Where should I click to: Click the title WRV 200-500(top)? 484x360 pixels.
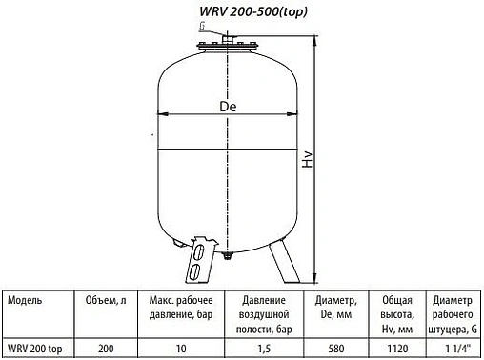[x=240, y=10]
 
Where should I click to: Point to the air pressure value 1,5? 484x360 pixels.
[x=256, y=348]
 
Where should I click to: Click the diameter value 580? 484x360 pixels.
[x=333, y=348]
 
